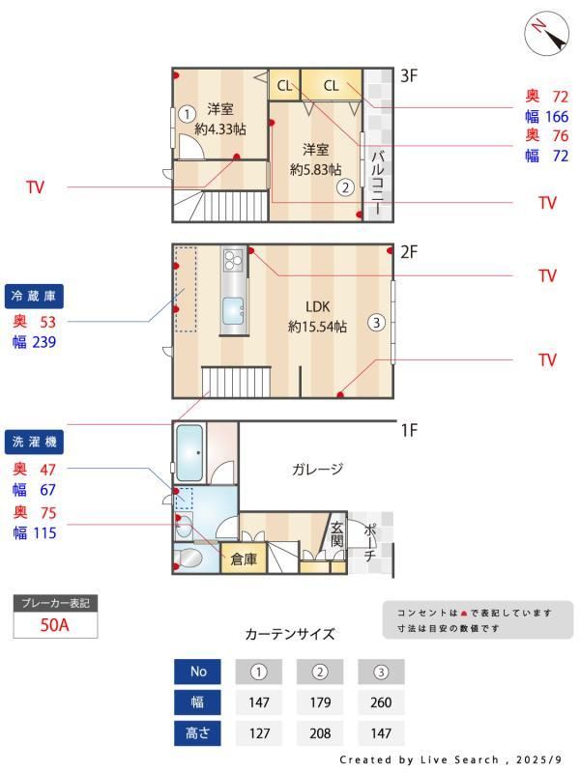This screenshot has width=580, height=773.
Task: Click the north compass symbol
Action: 546,34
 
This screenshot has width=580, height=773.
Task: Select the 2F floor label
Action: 409,252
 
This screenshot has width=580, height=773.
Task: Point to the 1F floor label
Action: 409,430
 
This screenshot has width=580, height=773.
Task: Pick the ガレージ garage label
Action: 318,470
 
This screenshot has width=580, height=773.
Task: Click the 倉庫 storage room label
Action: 243,558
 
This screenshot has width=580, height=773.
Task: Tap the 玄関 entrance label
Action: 337,534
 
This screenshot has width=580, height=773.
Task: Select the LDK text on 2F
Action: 318,306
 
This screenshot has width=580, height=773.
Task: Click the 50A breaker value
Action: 55,625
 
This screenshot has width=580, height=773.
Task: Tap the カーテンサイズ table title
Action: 290,634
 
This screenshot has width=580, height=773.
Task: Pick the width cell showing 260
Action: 381,702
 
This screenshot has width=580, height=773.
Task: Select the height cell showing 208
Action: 321,732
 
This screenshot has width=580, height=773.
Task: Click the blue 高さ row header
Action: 198,732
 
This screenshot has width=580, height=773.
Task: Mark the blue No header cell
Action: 198,672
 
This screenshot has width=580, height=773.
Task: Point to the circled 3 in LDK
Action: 376,323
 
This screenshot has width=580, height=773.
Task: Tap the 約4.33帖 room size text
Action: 219,129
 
